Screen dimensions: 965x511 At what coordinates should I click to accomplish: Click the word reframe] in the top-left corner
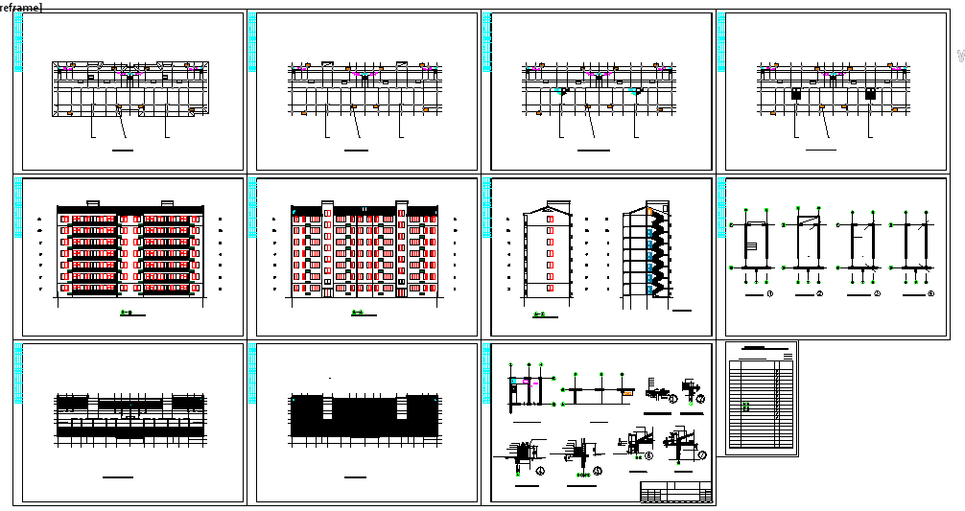20,7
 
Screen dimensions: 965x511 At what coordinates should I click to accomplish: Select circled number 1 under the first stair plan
770,293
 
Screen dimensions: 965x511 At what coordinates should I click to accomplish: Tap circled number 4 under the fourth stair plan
930,293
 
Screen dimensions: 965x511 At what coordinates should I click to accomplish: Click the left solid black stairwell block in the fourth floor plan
796,94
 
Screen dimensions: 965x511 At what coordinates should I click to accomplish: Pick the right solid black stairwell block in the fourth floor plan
871,94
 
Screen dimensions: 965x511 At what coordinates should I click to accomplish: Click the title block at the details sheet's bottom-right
676,492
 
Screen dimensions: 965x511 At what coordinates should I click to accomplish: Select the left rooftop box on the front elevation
93,202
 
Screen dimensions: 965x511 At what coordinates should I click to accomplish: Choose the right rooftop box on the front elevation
167,202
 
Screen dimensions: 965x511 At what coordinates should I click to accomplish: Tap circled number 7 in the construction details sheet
702,453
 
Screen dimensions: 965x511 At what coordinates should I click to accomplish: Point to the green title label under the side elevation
538,315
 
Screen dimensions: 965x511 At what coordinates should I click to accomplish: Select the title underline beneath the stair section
687,311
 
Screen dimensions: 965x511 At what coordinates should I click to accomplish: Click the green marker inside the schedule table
745,406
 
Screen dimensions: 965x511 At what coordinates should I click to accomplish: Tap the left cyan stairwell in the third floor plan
561,93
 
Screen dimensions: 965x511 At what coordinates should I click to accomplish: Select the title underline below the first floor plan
123,151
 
